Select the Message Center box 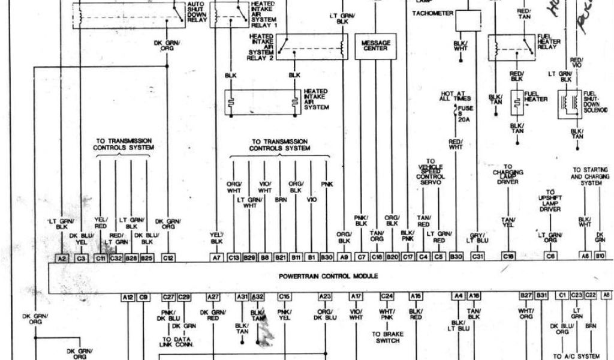click(x=375, y=46)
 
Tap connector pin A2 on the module click(x=62, y=257)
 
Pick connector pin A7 click(x=216, y=257)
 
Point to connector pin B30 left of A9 click(x=326, y=257)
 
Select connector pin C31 click(x=477, y=257)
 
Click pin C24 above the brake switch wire click(x=387, y=296)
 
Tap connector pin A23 click(x=325, y=296)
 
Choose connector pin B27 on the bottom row click(x=526, y=296)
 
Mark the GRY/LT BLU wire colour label click(x=478, y=237)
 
